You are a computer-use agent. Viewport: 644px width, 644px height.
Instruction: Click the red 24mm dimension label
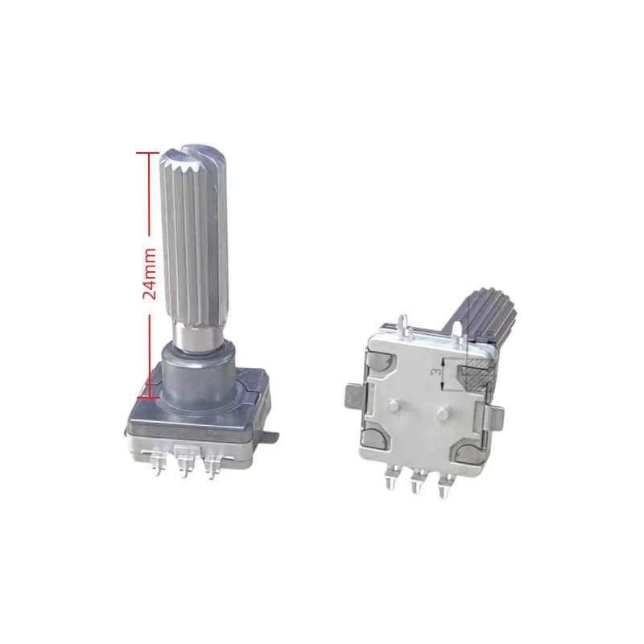point(149,273)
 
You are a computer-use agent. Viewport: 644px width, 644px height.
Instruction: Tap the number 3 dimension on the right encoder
point(437,372)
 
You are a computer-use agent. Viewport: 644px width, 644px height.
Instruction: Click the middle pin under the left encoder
point(186,462)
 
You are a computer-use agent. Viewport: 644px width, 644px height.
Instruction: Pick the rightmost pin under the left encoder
point(213,465)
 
